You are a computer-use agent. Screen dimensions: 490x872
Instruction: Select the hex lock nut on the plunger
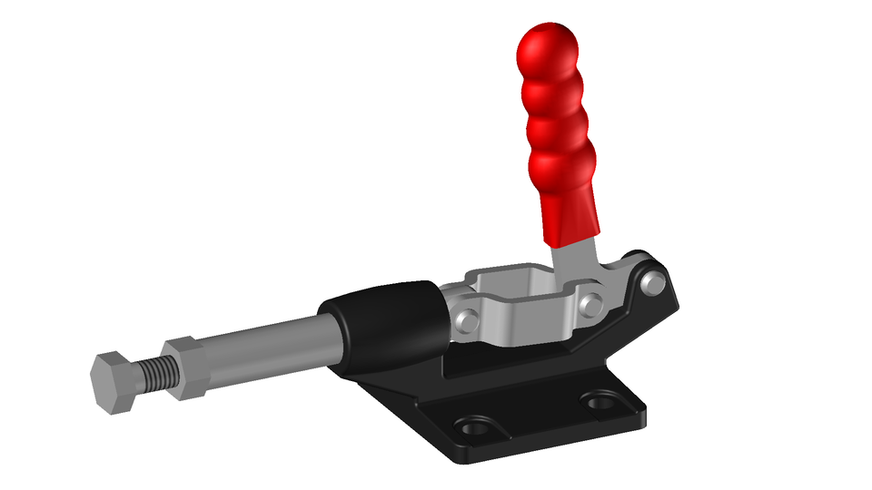185,367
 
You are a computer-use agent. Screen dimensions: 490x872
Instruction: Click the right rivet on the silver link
591,302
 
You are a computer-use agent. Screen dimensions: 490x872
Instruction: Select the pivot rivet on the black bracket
652,284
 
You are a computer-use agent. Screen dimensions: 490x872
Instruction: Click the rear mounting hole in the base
600,399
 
